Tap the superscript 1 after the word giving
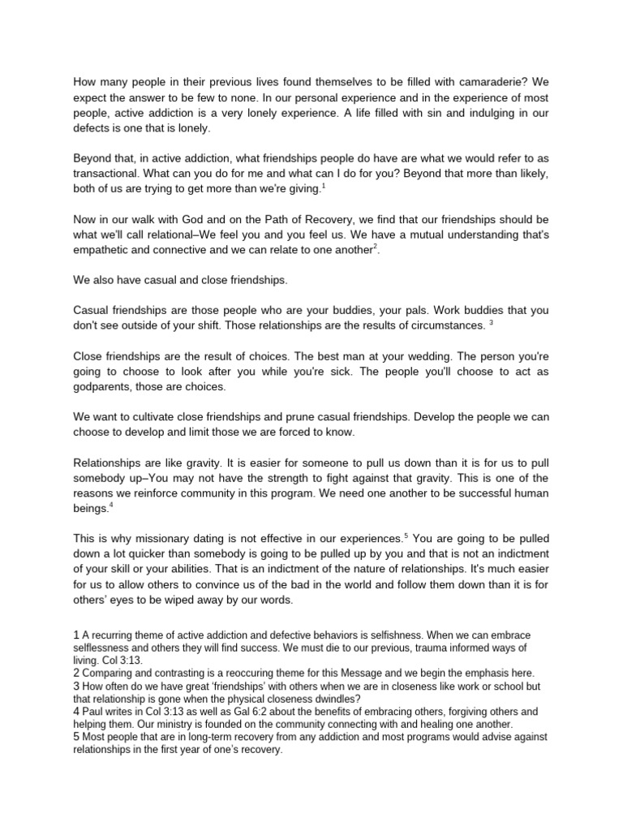coord(324,185)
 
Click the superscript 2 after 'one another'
coord(376,248)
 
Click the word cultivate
coord(171,416)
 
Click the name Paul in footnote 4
coord(95,712)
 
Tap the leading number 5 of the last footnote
coord(76,738)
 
